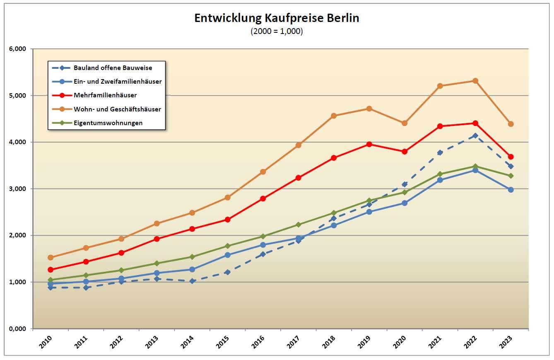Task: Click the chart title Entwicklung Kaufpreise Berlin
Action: [x=277, y=19]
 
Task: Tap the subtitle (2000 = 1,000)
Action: [x=277, y=31]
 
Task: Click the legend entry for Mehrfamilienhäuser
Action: [x=105, y=95]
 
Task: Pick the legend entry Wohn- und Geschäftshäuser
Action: [x=117, y=109]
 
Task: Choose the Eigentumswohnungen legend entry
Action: [x=108, y=123]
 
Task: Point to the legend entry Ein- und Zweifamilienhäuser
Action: [x=118, y=82]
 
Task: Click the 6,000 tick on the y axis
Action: [x=17, y=49]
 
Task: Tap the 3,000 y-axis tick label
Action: [x=17, y=189]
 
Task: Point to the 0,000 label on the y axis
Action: [x=17, y=329]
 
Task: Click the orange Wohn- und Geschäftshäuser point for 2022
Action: [x=475, y=81]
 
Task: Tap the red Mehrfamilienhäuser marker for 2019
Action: [x=369, y=144]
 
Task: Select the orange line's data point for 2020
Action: [x=405, y=123]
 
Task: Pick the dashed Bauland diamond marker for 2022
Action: [x=475, y=135]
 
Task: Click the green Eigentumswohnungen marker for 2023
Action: [x=511, y=176]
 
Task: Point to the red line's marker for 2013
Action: [x=157, y=239]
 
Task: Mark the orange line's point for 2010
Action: [x=51, y=257]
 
